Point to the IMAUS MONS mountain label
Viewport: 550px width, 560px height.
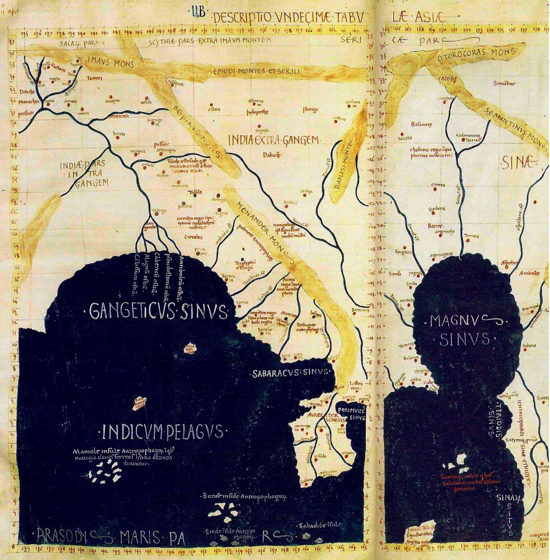pyautogui.click(x=110, y=64)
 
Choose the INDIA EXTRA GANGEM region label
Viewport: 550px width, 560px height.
pyautogui.click(x=275, y=140)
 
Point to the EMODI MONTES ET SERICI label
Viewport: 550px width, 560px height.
pyautogui.click(x=257, y=72)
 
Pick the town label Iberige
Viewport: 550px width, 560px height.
pyautogui.click(x=311, y=110)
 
